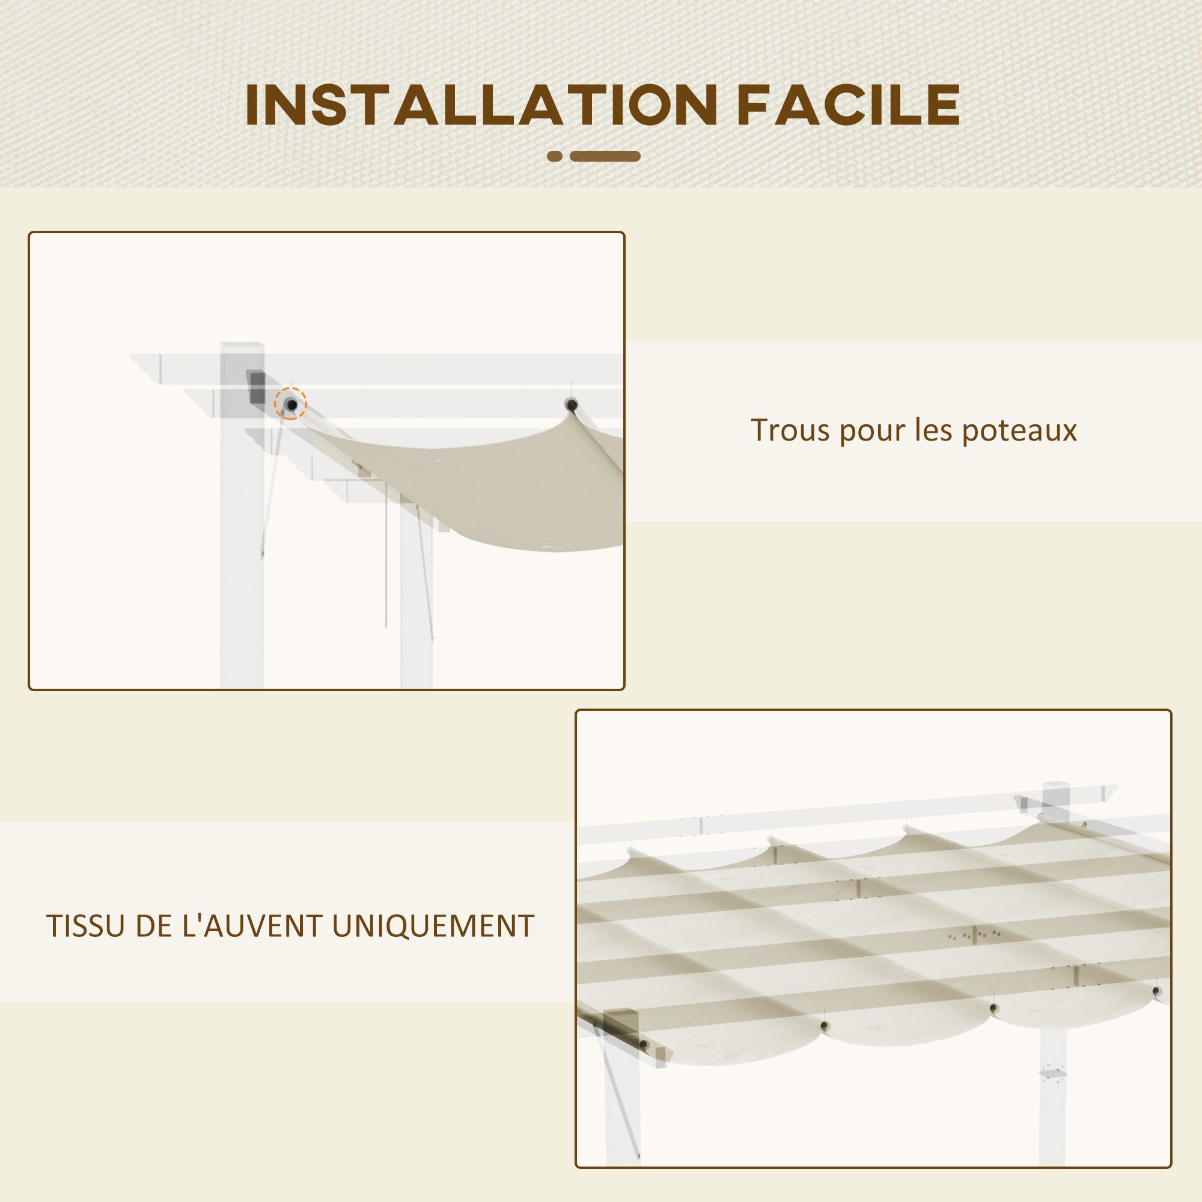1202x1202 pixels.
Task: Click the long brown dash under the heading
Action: (x=605, y=156)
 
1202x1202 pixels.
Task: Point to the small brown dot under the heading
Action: (x=555, y=156)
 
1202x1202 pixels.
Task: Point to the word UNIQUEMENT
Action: (x=433, y=926)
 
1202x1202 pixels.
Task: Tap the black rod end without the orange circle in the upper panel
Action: (x=570, y=405)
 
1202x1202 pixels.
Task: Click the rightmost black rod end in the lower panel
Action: (x=1156, y=991)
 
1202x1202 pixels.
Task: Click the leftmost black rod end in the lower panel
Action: (x=643, y=1044)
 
